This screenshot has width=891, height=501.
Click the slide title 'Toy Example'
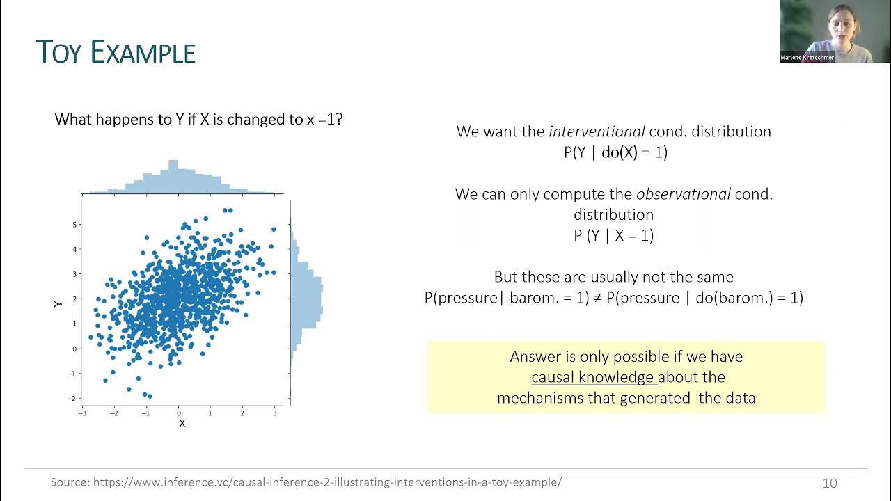coord(116,53)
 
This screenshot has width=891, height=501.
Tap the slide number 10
coord(830,483)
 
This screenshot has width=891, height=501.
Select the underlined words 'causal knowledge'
coord(593,377)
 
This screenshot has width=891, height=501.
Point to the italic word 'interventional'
coord(597,132)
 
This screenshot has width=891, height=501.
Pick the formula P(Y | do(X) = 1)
coord(615,152)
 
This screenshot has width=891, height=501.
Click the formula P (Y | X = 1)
coord(613,235)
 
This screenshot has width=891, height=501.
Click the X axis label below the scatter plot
coord(182,423)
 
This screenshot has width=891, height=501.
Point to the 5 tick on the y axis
coord(73,225)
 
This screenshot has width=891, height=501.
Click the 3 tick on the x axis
coord(274,413)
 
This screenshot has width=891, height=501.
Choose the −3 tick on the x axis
coord(82,413)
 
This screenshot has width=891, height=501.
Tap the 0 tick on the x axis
coord(179,413)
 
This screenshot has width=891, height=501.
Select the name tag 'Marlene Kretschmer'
coord(807,57)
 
